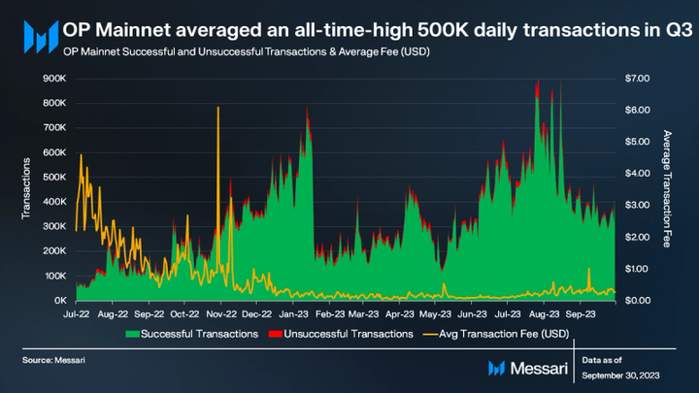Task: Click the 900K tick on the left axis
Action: (52, 77)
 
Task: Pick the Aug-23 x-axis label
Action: (546, 314)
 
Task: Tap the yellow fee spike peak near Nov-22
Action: (218, 107)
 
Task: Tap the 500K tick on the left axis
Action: (52, 177)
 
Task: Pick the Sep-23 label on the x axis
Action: (581, 314)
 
